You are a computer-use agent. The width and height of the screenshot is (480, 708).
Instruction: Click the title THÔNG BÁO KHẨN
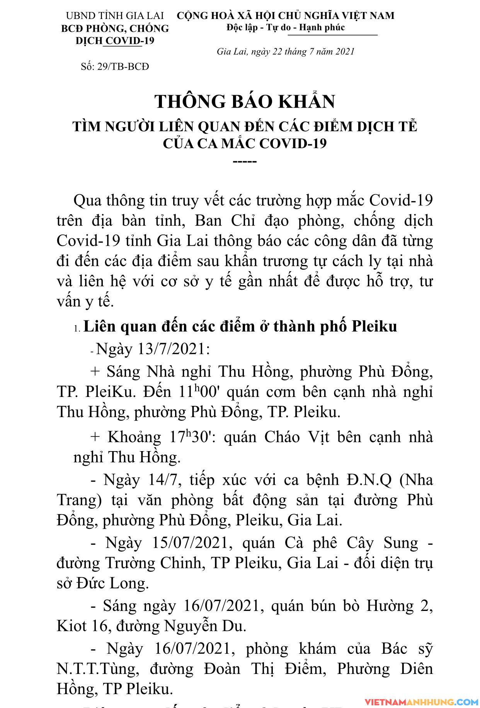pyautogui.click(x=245, y=102)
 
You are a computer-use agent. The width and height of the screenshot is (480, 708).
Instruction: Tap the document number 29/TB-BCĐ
pyautogui.click(x=123, y=67)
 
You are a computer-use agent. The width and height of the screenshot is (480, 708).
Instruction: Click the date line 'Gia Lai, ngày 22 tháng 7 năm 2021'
pyautogui.click(x=286, y=51)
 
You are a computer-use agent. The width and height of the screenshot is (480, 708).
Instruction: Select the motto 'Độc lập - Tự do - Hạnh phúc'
pyautogui.click(x=286, y=27)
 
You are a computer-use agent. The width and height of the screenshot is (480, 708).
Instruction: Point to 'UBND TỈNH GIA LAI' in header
pyautogui.click(x=115, y=16)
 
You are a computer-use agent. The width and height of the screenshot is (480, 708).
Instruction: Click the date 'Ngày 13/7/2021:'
pyautogui.click(x=153, y=349)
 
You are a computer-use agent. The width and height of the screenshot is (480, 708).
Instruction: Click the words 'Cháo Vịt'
pyautogui.click(x=297, y=437)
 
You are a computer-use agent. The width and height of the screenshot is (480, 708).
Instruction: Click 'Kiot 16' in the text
pyautogui.click(x=82, y=626)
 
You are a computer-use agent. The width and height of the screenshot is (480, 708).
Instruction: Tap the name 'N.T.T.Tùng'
pyautogui.click(x=95, y=669)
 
